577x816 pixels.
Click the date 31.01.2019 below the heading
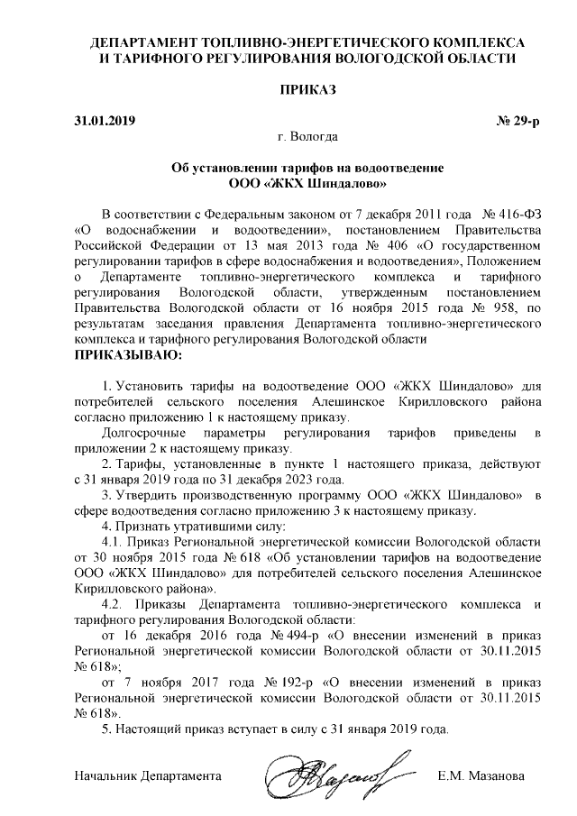click(102, 120)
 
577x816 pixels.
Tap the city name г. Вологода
click(308, 138)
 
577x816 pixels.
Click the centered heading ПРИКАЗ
click(309, 90)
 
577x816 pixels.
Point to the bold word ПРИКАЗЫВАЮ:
click(127, 355)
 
